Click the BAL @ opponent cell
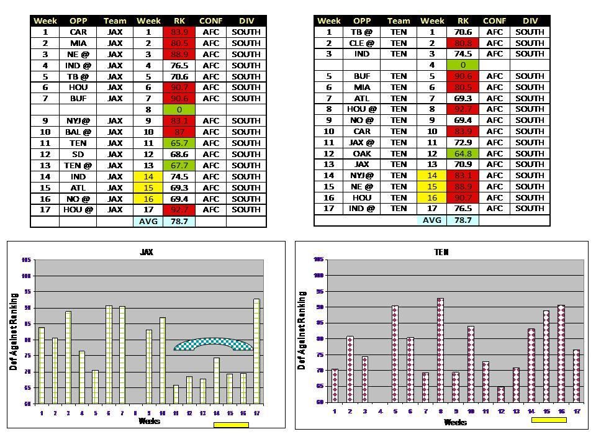click(x=78, y=132)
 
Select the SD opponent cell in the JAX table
click(x=78, y=154)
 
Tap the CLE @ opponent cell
click(x=362, y=43)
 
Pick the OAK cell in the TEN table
click(x=362, y=153)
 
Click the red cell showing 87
click(x=179, y=132)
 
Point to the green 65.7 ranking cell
click(x=179, y=143)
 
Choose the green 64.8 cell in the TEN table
click(x=463, y=153)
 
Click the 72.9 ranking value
click(x=463, y=142)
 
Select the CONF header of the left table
click(x=210, y=21)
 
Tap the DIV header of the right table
click(x=530, y=20)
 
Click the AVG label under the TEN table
click(x=432, y=220)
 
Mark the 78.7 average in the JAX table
click(x=179, y=221)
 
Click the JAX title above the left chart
click(x=147, y=252)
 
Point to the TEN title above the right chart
click(x=441, y=253)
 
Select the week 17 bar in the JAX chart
click(x=256, y=351)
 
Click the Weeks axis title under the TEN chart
click(x=455, y=422)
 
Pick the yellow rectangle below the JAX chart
click(x=231, y=425)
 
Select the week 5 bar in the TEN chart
click(x=395, y=353)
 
